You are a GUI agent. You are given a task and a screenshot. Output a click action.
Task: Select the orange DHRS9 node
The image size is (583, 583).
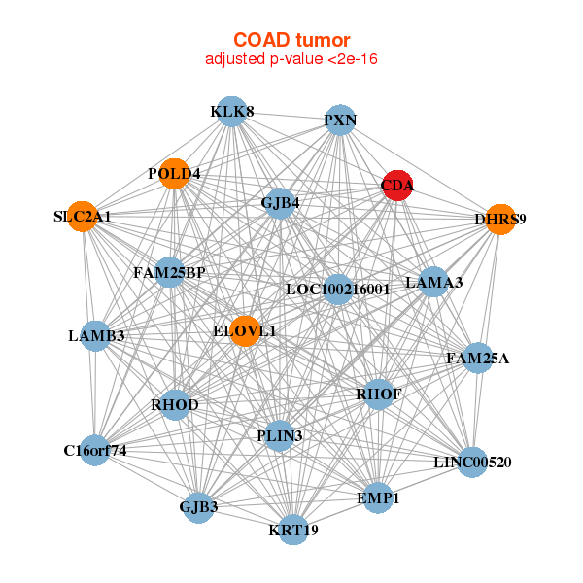[x=499, y=219]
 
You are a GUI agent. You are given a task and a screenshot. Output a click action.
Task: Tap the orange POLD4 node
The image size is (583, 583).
[x=175, y=173]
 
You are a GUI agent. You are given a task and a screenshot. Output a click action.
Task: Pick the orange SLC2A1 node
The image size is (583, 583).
[x=84, y=216]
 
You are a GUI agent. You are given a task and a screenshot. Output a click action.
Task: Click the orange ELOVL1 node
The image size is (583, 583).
[x=245, y=330]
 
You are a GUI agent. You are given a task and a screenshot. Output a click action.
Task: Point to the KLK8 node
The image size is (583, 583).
[x=231, y=112]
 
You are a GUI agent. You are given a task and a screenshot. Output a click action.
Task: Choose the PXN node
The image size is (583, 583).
[x=340, y=120]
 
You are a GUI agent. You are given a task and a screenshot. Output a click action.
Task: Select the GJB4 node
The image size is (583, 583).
[x=280, y=203]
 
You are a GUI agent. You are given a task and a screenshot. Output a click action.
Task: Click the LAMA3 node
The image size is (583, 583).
[x=433, y=283]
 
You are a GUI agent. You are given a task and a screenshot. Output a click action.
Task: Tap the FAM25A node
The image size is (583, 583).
[x=477, y=358]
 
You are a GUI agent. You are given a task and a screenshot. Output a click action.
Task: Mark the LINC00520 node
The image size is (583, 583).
[x=472, y=462]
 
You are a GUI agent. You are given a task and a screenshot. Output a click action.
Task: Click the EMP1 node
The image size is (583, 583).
[x=377, y=497]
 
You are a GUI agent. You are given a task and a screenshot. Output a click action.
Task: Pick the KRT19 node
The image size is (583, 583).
[x=293, y=530]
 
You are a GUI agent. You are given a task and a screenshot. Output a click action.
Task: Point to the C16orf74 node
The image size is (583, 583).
[x=95, y=450]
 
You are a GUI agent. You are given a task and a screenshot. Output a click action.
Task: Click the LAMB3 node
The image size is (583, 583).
[x=96, y=335]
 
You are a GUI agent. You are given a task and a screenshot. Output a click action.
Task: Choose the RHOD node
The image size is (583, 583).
[x=175, y=403]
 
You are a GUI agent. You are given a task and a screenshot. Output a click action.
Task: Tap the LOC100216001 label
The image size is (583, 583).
[x=337, y=289]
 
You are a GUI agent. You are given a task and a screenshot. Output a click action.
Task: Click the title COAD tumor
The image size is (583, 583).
[x=291, y=40]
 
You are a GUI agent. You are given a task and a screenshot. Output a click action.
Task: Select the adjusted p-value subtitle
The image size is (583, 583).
[x=291, y=59]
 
